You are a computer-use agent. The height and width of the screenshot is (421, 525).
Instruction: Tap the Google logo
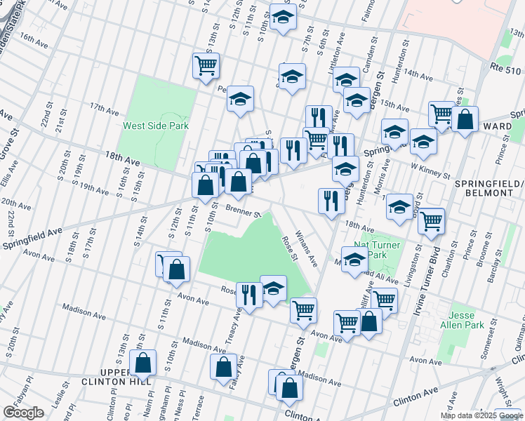[x=24, y=413]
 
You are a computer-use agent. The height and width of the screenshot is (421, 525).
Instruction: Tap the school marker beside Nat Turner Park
[x=355, y=258]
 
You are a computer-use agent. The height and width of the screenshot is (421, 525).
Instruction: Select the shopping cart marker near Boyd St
[x=431, y=220]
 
